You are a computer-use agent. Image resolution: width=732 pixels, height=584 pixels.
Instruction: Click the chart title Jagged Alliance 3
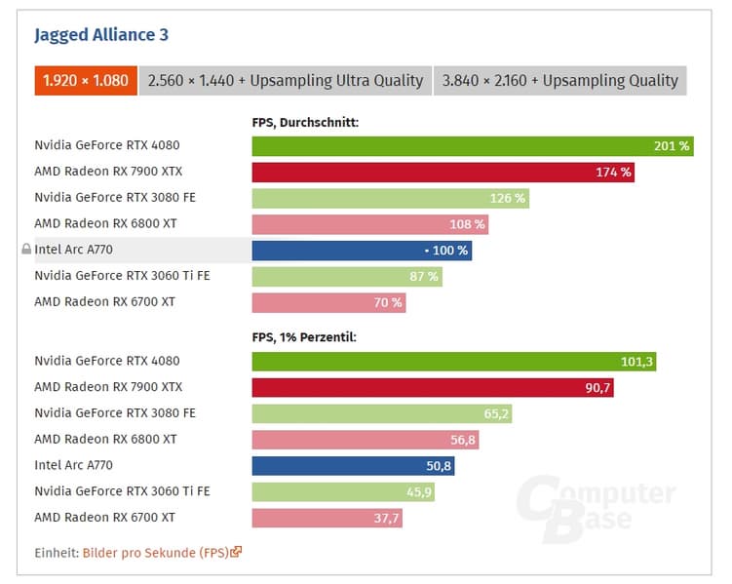click(x=101, y=35)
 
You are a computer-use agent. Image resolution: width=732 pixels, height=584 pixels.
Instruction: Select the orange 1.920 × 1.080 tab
click(x=86, y=80)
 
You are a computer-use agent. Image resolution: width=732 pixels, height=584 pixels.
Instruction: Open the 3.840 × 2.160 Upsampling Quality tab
click(x=559, y=80)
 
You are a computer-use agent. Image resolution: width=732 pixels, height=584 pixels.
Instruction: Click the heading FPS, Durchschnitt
click(x=305, y=123)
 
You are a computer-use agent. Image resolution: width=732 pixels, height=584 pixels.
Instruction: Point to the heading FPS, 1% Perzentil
click(x=304, y=337)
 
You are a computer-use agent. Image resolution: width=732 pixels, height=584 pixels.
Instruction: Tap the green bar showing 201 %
click(x=472, y=146)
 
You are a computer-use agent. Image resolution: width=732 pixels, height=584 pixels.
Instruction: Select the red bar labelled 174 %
click(x=443, y=173)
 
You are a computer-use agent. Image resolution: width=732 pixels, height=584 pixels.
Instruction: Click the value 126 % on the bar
click(x=507, y=198)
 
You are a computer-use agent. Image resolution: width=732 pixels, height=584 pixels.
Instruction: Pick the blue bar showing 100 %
click(x=361, y=251)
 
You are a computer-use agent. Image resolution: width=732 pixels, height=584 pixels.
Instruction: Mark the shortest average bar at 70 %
click(x=327, y=302)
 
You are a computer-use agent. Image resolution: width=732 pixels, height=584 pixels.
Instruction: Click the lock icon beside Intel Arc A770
click(x=26, y=250)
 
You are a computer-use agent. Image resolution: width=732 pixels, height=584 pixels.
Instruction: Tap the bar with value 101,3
click(x=453, y=362)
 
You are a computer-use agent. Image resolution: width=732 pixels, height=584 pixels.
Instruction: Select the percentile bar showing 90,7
click(x=433, y=387)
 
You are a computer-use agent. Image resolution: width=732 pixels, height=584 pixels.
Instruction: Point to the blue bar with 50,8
click(x=353, y=466)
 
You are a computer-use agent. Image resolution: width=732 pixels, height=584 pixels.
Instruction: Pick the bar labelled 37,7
click(x=327, y=518)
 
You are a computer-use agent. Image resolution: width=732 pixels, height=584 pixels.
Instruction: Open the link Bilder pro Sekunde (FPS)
click(x=156, y=553)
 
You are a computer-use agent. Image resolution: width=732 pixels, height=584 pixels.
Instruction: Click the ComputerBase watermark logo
click(x=595, y=505)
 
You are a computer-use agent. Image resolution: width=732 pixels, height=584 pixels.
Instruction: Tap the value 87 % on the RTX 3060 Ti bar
click(x=423, y=277)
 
